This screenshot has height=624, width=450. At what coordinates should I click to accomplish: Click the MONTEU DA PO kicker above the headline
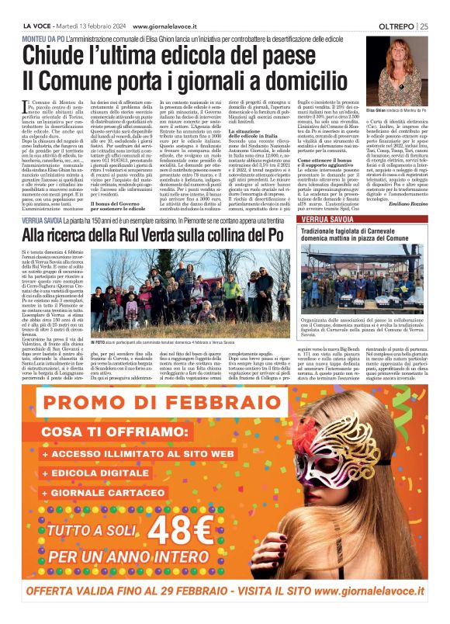(47, 38)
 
